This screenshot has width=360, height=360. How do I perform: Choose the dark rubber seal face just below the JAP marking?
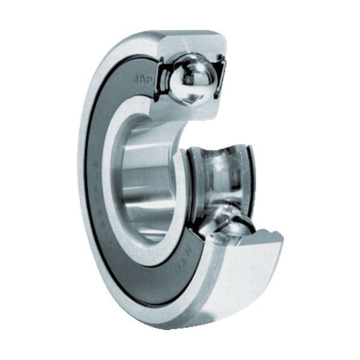click(x=135, y=99)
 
